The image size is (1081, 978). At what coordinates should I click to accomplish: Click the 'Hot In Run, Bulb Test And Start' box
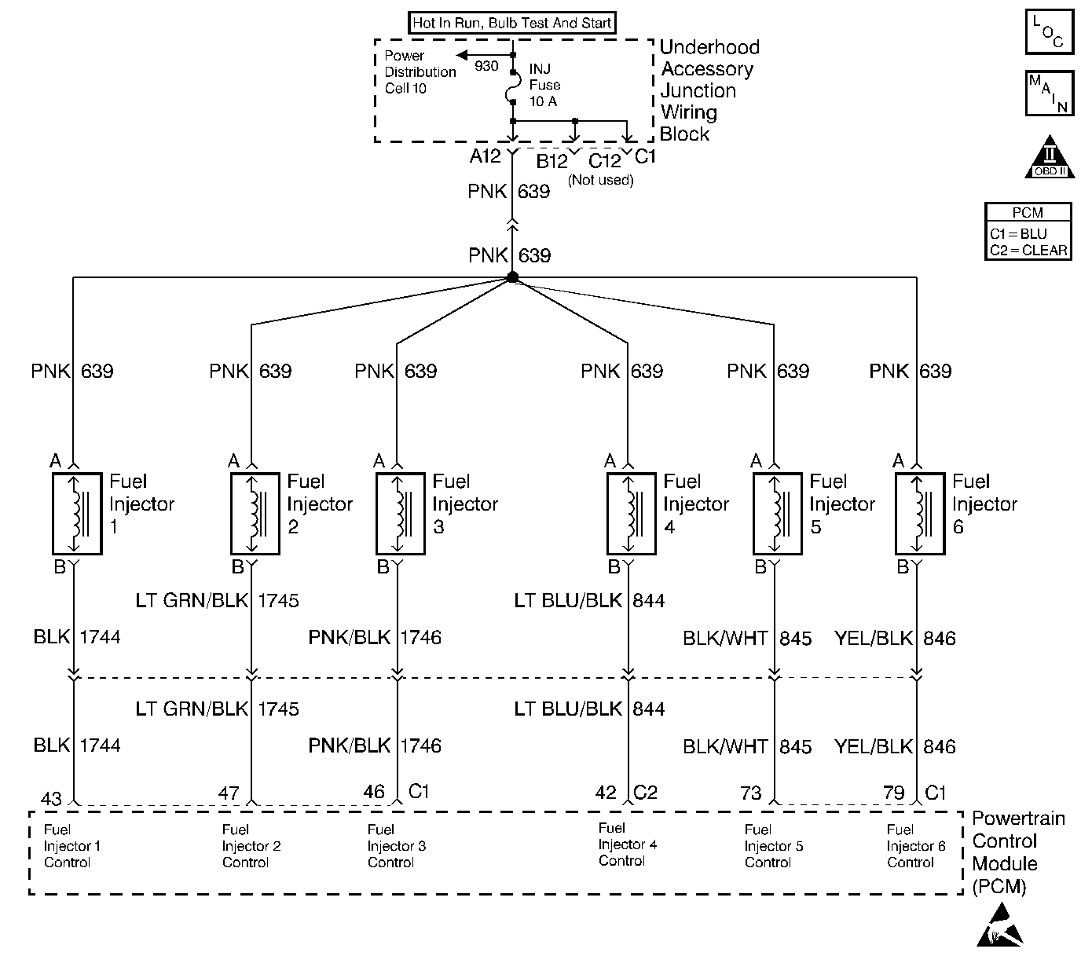click(x=512, y=23)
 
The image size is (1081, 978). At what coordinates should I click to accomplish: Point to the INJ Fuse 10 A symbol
click(x=514, y=86)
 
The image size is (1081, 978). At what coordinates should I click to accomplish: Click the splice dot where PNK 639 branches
click(x=512, y=277)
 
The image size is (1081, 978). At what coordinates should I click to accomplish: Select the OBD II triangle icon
click(x=1050, y=157)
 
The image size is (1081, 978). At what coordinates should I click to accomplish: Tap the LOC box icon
click(x=1050, y=31)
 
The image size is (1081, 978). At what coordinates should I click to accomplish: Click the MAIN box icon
click(x=1050, y=93)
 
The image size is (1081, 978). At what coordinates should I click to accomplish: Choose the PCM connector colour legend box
click(x=1028, y=231)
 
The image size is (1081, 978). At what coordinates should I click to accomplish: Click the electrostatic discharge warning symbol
click(x=1000, y=925)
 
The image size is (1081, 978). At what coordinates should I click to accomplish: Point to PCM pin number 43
click(x=51, y=798)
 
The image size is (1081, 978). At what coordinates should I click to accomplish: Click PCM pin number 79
click(x=894, y=793)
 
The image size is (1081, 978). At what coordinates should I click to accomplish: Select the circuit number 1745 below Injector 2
click(x=278, y=600)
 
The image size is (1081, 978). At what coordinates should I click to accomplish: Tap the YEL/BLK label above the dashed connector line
click(x=874, y=638)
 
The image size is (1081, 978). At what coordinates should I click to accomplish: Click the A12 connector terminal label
click(x=485, y=156)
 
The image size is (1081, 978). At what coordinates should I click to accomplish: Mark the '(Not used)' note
click(x=600, y=180)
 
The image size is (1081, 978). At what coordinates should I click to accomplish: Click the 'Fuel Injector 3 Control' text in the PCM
click(x=397, y=846)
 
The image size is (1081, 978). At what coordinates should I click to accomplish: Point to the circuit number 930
click(x=486, y=66)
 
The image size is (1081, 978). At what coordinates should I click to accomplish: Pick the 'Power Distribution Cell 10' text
click(x=420, y=71)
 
